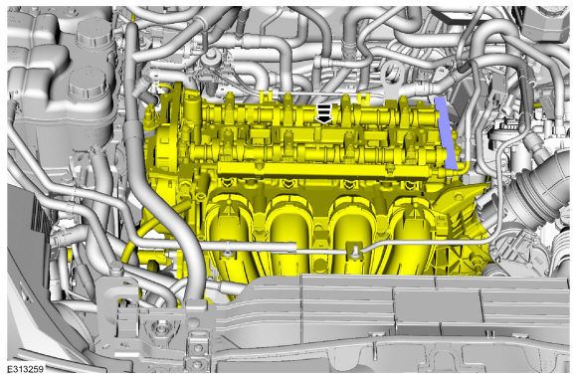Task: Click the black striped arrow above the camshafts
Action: point(324,113)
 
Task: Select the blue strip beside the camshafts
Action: point(446,133)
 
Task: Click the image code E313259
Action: point(26,369)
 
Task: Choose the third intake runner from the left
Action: point(352,232)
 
